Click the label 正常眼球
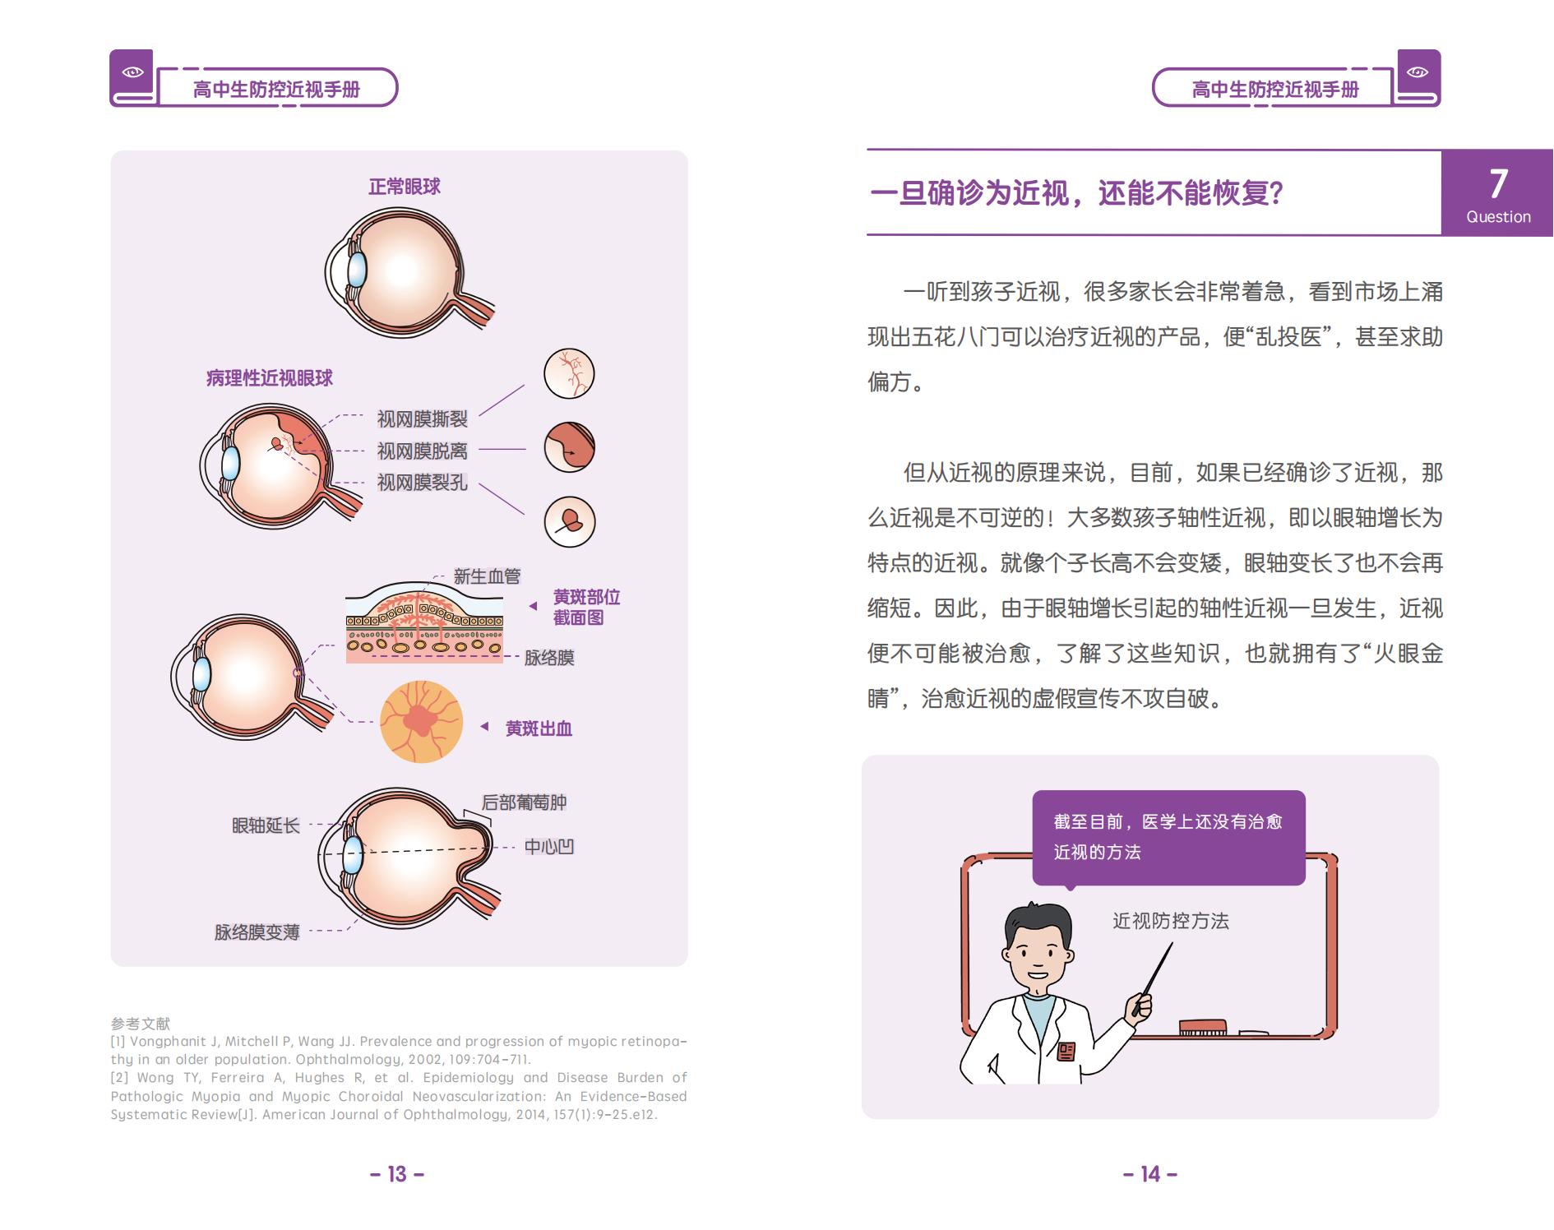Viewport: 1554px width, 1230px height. coord(404,187)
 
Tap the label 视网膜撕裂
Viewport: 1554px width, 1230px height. coord(422,419)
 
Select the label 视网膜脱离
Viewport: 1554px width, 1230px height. coord(422,451)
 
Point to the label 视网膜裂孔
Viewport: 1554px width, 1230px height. coord(422,483)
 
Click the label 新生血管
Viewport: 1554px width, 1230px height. coord(487,576)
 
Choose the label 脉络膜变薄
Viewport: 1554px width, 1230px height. coord(257,932)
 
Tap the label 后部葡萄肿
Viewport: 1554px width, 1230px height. coord(524,802)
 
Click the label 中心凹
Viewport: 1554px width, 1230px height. coord(548,847)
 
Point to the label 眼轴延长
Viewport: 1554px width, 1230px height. coord(266,825)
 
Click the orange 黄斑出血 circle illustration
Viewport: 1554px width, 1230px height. coord(421,722)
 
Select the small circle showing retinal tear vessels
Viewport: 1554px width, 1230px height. coord(569,374)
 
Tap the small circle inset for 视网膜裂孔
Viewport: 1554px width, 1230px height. coord(569,521)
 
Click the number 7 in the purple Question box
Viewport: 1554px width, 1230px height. coord(1498,183)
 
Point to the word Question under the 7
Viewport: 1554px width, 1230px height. coord(1498,217)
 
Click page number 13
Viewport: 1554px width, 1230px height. coord(397,1174)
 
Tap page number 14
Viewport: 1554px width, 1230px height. coord(1150,1174)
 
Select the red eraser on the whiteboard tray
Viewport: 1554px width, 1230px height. coord(1203,1027)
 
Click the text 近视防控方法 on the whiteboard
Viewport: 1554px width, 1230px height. coord(1170,921)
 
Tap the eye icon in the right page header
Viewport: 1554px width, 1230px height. coord(1418,72)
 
